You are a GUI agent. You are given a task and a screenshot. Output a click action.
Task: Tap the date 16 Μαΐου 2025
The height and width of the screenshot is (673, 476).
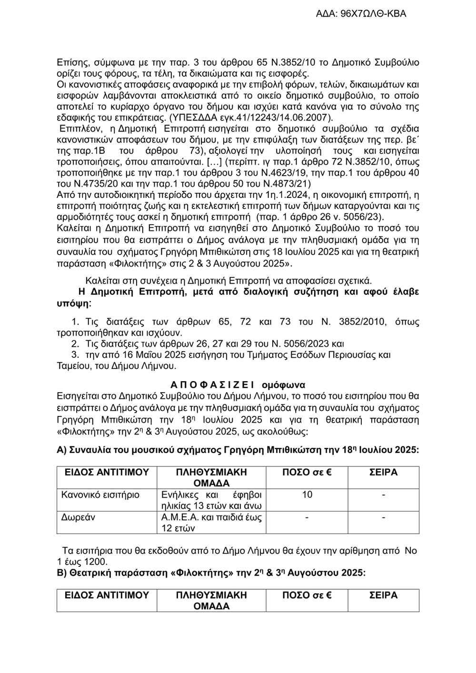click(x=154, y=355)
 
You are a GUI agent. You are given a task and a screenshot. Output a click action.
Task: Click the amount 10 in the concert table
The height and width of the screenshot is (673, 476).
click(x=307, y=495)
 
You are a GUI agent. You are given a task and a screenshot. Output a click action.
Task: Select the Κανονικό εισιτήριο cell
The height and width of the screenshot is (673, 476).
click(x=101, y=495)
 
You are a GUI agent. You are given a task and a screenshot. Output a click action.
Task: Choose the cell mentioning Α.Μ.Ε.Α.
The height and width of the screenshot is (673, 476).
click(x=211, y=522)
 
